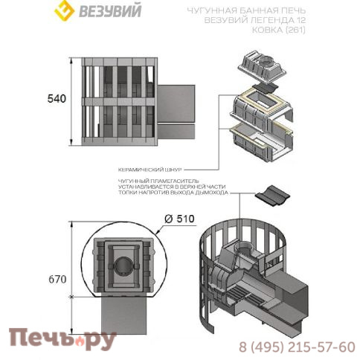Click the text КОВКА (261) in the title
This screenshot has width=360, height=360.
click(278, 30)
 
